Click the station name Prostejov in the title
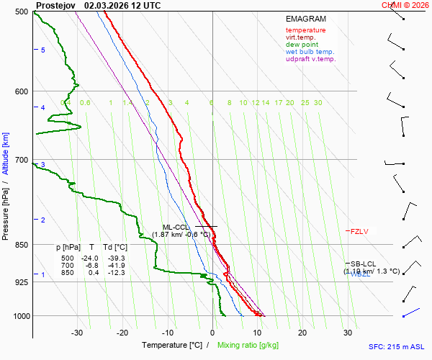click(x=55, y=5)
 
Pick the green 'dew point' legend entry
click(x=302, y=45)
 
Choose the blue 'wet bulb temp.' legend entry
click(x=310, y=52)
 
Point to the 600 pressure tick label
click(x=22, y=91)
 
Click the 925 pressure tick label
click(x=22, y=282)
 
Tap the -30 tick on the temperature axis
click(x=78, y=333)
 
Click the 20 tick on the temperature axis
click(x=302, y=333)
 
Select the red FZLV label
click(x=359, y=232)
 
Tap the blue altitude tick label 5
click(x=43, y=50)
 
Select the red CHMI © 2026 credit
click(x=405, y=5)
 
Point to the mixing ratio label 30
click(x=318, y=103)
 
